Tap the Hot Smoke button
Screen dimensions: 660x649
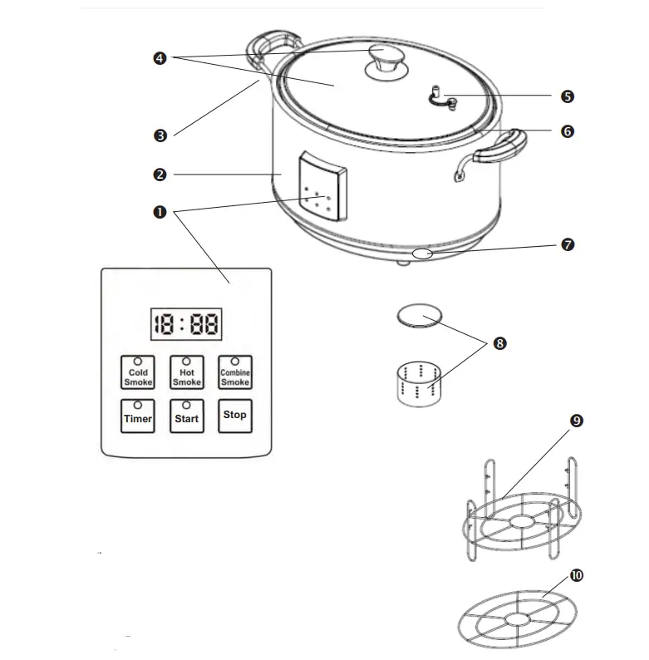point(186,372)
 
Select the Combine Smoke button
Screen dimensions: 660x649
point(235,372)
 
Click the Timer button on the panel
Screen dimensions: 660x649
point(138,415)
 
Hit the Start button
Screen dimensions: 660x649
point(186,415)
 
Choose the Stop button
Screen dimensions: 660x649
point(235,415)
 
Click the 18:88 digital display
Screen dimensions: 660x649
point(186,324)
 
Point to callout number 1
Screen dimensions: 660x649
point(160,212)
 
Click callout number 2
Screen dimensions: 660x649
point(160,175)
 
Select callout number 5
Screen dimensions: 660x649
point(567,96)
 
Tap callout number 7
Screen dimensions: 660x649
point(567,245)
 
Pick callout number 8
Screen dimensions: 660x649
point(499,342)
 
